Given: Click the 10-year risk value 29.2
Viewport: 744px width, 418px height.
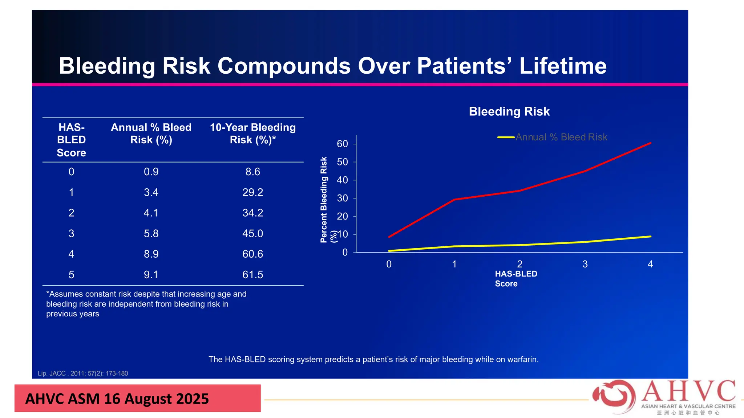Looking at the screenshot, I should (x=252, y=192).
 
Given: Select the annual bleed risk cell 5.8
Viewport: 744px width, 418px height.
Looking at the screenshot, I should (x=151, y=233).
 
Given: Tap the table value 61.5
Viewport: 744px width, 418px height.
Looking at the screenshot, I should (x=252, y=275).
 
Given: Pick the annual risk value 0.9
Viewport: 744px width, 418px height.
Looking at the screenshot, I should (x=151, y=172).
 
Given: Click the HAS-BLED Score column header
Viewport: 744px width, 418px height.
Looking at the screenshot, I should (x=72, y=140).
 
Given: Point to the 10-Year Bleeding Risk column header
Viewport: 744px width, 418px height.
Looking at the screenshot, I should (x=252, y=134).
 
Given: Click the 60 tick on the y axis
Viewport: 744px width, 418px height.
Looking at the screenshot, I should (x=342, y=144).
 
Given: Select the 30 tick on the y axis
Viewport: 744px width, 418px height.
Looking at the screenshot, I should (x=342, y=198).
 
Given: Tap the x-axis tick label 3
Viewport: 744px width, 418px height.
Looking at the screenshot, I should (x=585, y=264).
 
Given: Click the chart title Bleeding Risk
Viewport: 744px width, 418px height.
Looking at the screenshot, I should (x=509, y=111).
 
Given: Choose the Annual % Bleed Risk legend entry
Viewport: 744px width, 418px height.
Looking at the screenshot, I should (x=561, y=137).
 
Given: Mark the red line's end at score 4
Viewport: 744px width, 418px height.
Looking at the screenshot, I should (x=650, y=143).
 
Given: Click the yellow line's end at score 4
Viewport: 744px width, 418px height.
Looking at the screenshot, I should (x=650, y=237).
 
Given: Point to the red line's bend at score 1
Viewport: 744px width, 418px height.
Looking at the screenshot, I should (x=454, y=200).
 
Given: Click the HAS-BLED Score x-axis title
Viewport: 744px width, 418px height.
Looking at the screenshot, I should (x=515, y=279).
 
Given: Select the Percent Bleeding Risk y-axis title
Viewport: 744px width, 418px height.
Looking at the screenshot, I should (x=324, y=200).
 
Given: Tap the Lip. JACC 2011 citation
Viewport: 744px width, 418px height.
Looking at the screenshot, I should (x=83, y=373).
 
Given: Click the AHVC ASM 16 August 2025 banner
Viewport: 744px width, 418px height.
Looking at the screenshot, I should (x=137, y=398).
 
